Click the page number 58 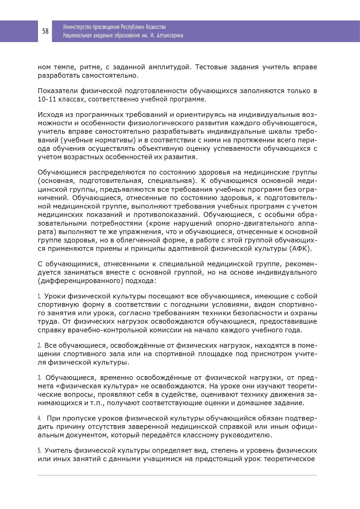click(x=45, y=31)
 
